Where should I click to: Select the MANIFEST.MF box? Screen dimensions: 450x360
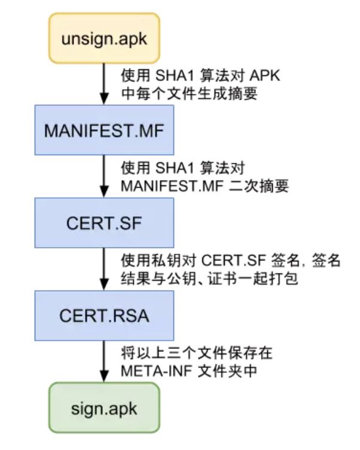104,130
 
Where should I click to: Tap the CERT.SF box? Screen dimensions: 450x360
104,222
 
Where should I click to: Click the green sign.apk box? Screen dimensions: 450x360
104,409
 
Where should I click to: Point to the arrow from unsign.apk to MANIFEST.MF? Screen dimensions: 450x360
104,84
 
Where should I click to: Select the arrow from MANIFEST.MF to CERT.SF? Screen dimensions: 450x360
104,176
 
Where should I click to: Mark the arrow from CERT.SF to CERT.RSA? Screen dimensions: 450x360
104,268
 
